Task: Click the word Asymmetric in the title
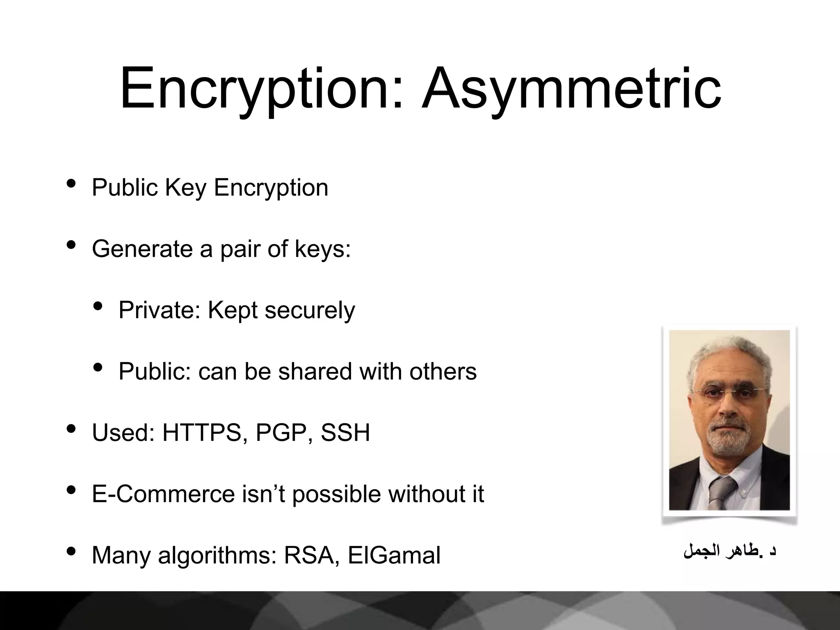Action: point(571,89)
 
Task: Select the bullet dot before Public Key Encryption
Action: point(71,183)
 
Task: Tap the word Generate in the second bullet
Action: point(142,249)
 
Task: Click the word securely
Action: point(310,310)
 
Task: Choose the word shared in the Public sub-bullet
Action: point(315,371)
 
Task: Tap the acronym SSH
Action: point(345,432)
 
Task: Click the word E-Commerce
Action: point(163,494)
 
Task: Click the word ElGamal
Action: point(394,555)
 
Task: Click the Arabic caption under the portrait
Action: point(729,551)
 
